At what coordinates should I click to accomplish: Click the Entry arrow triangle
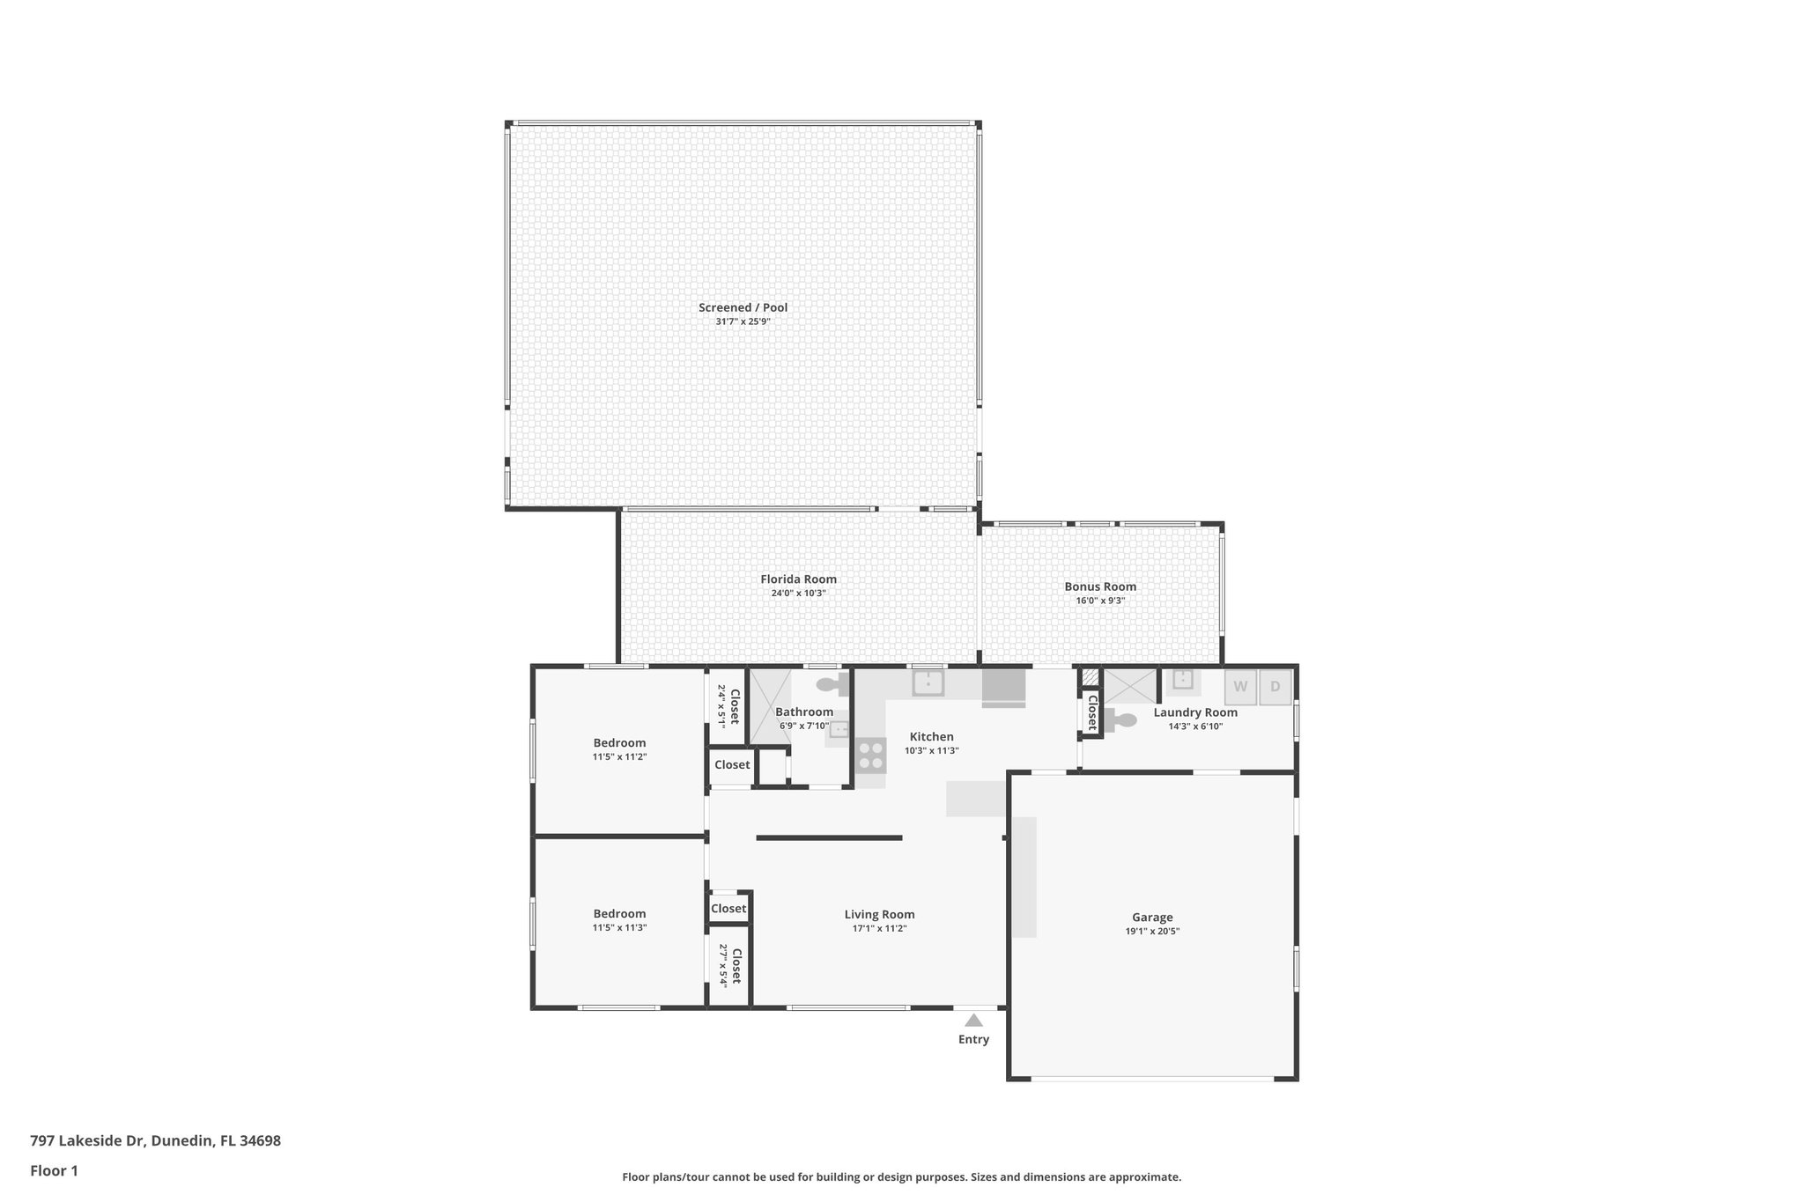(973, 1021)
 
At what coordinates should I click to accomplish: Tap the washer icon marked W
(1240, 687)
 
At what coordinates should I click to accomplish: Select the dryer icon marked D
(1275, 687)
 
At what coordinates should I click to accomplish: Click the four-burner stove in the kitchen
(871, 756)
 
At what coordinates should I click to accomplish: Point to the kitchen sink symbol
(928, 682)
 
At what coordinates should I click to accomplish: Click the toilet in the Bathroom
(829, 684)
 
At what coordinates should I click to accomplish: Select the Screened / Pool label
(743, 307)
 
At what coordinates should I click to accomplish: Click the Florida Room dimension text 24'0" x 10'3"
(798, 594)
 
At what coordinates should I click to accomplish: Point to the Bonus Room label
(1100, 586)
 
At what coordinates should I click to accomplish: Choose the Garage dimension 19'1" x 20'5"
(1152, 931)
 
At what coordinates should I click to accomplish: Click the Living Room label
(879, 914)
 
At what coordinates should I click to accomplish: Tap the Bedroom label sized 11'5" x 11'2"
(619, 742)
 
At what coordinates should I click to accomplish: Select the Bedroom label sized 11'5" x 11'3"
(619, 913)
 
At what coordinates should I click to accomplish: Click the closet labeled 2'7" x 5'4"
(729, 965)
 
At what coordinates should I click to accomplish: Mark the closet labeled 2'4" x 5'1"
(728, 705)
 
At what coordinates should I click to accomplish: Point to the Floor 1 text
(54, 1170)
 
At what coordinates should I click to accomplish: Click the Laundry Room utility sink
(1182, 681)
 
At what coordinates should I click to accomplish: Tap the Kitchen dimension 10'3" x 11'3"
(931, 751)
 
